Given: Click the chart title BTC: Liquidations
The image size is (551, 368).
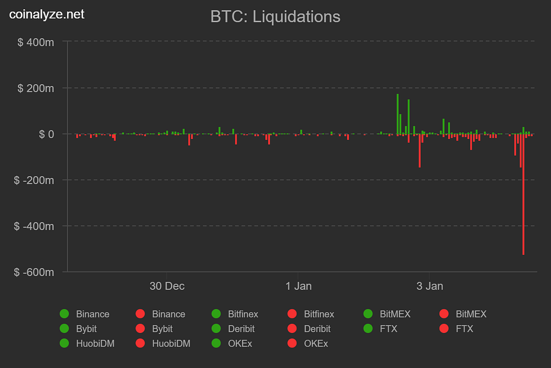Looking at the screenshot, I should click(x=275, y=17).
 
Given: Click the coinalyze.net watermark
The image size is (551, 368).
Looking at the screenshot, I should click(x=47, y=15).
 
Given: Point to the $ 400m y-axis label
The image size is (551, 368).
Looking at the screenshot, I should click(x=36, y=41).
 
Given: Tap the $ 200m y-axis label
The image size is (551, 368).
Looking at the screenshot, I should click(x=36, y=88).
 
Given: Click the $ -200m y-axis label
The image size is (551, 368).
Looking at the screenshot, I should click(x=34, y=180).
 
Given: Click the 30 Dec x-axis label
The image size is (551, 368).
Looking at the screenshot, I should click(x=167, y=286).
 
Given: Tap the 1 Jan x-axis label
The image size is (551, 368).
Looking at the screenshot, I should click(x=299, y=286).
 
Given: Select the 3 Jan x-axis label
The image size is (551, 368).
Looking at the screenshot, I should click(x=430, y=286).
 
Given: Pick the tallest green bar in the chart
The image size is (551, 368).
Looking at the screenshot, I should click(x=398, y=114).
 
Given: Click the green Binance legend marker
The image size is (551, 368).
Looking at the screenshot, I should click(x=65, y=314).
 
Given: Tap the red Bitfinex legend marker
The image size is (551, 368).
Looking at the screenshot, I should click(x=293, y=314).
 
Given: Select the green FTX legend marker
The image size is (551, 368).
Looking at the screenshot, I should click(x=369, y=329).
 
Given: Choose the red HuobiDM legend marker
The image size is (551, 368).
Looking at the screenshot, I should click(x=141, y=343).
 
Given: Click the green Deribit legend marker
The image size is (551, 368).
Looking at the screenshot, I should click(x=217, y=329).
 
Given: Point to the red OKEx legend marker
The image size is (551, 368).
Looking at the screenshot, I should click(x=293, y=343).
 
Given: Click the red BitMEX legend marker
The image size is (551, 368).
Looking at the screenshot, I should click(x=444, y=314).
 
